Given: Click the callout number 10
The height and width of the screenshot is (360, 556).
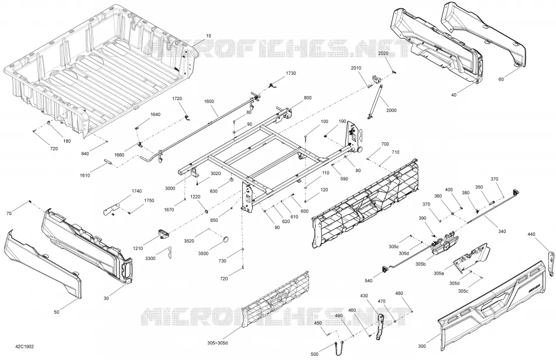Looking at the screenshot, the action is [208, 36].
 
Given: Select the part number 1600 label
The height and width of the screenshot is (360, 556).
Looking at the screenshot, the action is [209, 101].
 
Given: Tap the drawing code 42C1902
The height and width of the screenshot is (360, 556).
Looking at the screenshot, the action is [25, 347].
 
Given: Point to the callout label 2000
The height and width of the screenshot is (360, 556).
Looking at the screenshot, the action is [392, 110].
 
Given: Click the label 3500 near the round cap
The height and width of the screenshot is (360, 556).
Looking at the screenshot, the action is [203, 253].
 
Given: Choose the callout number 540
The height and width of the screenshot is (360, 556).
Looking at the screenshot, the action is [369, 281].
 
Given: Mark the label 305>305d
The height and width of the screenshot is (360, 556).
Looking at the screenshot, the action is [218, 343].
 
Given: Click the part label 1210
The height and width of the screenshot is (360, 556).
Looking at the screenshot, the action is [138, 248].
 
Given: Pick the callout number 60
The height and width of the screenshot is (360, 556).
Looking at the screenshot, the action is [501, 80].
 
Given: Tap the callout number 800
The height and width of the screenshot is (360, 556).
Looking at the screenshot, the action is [308, 98].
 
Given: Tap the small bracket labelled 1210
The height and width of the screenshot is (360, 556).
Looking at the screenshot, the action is [163, 234].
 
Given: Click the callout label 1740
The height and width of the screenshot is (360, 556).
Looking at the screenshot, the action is [136, 191].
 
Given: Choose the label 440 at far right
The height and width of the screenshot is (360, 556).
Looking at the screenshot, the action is [531, 234].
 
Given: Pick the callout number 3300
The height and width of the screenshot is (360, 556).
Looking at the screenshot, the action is [150, 259].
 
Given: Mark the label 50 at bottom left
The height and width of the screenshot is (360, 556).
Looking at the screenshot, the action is [57, 312].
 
